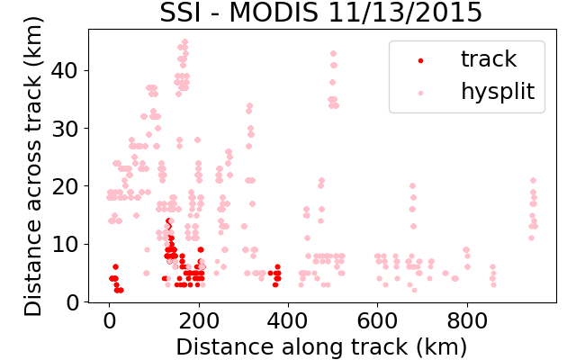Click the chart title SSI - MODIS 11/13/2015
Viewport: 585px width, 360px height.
coord(321,13)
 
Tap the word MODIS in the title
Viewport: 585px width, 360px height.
coord(274,13)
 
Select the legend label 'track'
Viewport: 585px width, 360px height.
coord(489,59)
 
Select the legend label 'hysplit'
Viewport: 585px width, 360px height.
coord(498,92)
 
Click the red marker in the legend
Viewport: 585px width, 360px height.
coord(421,60)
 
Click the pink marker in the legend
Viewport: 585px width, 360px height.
coord(421,93)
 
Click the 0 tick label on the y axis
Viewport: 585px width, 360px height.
coord(72,302)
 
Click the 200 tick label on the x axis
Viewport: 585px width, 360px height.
coord(199,320)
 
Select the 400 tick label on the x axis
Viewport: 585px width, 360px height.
coord(288,320)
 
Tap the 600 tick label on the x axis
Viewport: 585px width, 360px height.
coord(378,320)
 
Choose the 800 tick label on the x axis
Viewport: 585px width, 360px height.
coord(467,320)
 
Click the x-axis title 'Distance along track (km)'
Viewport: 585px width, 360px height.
coord(321,346)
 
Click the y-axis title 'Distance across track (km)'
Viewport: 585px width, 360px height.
coord(32,166)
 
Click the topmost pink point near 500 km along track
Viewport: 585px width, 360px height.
coord(333,54)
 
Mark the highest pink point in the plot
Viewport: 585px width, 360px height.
coord(184,41)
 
